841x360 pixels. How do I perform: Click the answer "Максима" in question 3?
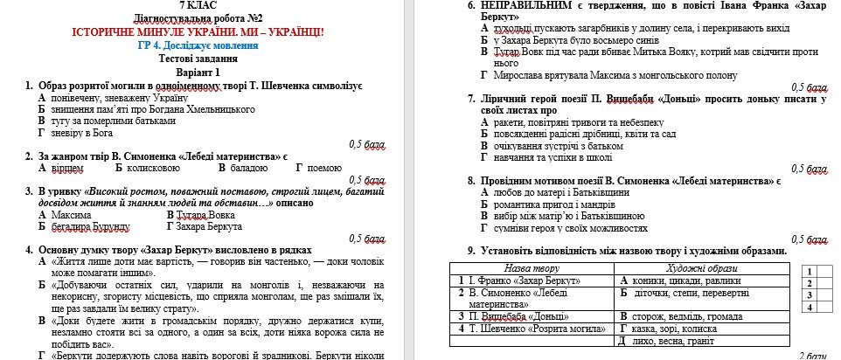coord(71,214)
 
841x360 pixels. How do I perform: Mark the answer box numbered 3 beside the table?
coord(810,294)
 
